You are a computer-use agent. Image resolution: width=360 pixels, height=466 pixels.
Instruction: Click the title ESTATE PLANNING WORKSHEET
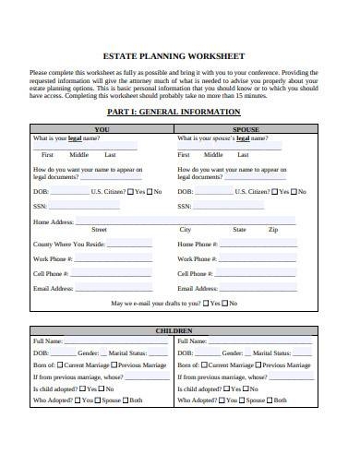point(179,54)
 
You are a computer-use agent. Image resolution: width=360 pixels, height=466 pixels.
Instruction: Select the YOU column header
point(102,129)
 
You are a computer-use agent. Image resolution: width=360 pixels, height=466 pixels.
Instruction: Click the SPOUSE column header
point(246,129)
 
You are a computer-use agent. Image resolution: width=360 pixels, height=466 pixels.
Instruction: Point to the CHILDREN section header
point(174,330)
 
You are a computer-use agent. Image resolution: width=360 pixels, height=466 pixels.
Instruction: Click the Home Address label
point(54,221)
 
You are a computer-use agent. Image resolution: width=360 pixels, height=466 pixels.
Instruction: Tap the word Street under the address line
point(99,229)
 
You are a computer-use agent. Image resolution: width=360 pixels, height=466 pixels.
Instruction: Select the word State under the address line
point(239,229)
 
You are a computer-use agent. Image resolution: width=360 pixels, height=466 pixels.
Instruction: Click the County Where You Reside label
point(69,244)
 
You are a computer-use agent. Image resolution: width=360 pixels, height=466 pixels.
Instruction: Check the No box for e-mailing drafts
point(227,303)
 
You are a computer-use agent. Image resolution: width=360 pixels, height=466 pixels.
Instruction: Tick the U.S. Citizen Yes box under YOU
point(129,192)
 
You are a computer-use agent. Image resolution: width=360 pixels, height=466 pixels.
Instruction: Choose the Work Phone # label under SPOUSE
point(198,259)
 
